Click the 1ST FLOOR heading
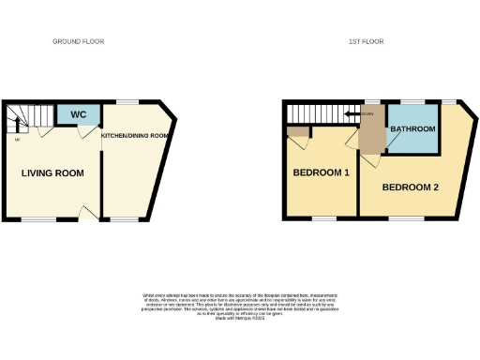point(366,41)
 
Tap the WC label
point(80,115)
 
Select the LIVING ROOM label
point(53,173)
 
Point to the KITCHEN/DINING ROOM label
point(135,136)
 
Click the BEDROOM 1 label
point(322,173)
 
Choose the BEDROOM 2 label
point(411,187)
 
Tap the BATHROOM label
point(413,128)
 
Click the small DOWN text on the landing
point(368,114)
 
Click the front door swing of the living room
point(89,214)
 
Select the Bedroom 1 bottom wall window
point(323,219)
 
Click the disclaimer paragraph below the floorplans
point(239,306)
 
